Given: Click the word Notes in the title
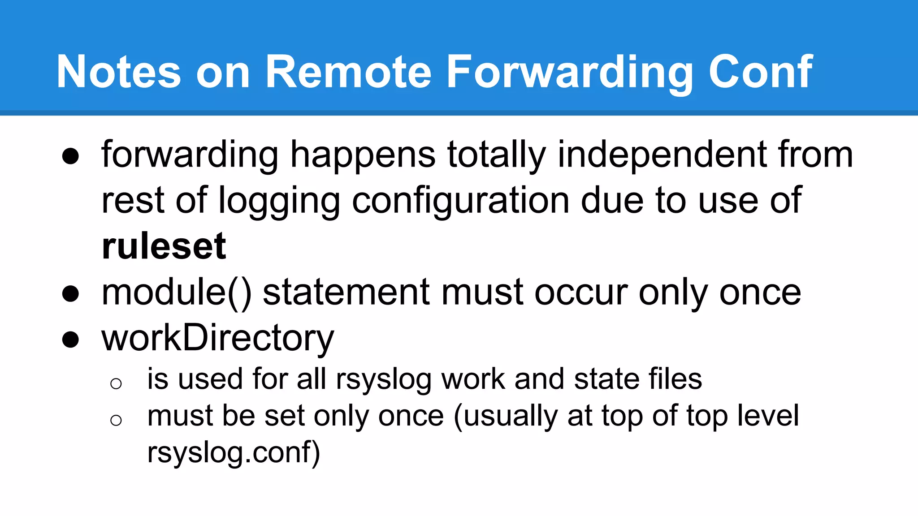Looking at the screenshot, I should (x=119, y=72).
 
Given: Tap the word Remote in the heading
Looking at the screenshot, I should (x=348, y=72).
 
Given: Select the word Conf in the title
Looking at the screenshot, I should (x=760, y=72).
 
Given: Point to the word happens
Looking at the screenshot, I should (x=363, y=155).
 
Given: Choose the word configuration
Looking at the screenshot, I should (x=461, y=201).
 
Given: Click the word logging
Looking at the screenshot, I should (x=279, y=201).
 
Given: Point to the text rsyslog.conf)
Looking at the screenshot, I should (x=234, y=452).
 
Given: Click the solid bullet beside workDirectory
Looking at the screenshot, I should (x=71, y=340).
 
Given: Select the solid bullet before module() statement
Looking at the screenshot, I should (x=71, y=294).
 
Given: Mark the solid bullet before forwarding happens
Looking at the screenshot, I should (x=71, y=156).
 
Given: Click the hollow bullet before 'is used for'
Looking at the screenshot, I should (x=116, y=383).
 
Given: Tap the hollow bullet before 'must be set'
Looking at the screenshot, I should (x=116, y=420).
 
